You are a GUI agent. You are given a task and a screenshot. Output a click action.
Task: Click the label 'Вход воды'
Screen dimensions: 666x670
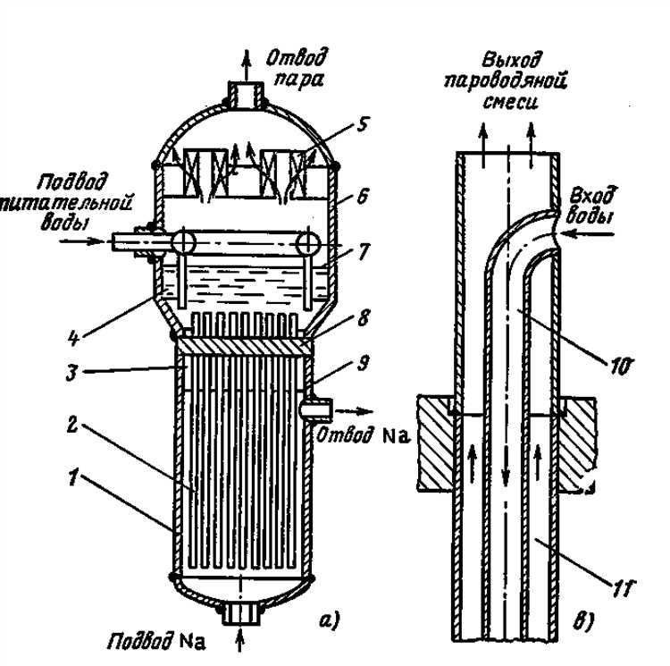(591, 207)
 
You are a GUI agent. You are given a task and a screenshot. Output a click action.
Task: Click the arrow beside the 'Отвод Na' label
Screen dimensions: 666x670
(353, 414)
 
